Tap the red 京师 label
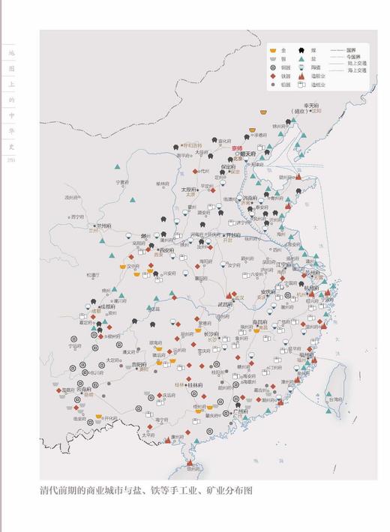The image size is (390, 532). tap(237, 148)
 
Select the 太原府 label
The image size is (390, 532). tap(189, 190)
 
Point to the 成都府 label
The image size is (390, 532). tap(107, 306)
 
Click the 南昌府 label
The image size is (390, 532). tap(261, 321)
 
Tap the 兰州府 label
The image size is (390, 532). tap(103, 226)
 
